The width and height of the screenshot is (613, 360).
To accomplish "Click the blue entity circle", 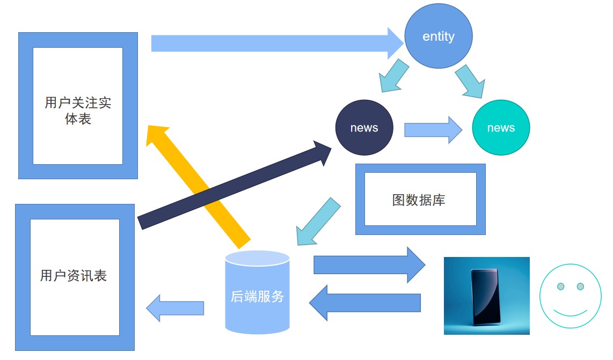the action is [438, 36].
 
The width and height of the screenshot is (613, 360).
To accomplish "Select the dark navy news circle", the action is [364, 128].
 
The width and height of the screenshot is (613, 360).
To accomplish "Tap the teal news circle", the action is [501, 128].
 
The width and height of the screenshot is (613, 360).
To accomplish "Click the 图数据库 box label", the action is [419, 200].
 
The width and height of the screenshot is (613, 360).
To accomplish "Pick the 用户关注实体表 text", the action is [78, 111].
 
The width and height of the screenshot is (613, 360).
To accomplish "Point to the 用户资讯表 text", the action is [74, 276].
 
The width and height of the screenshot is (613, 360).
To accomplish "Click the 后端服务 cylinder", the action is [257, 292].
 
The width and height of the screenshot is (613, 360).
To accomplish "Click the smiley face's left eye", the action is [560, 286].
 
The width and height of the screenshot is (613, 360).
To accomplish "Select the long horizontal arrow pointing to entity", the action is [277, 43].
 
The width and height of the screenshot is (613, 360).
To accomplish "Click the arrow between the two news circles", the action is [433, 130].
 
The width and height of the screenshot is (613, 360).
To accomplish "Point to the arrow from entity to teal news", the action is [471, 82].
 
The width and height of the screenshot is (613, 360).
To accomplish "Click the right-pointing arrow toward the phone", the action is [369, 265].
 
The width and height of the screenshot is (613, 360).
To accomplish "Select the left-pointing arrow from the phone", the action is [365, 303].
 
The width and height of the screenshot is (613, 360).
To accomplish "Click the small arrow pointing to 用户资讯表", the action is [175, 308].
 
